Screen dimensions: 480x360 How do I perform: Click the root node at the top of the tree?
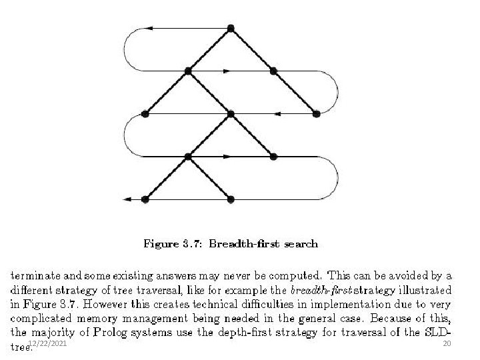pyautogui.click(x=231, y=29)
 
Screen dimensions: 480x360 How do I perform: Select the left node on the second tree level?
pyautogui.click(x=188, y=71)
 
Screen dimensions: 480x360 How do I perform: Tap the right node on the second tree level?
pyautogui.click(x=273, y=71)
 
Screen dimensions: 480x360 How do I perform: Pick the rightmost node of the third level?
pyautogui.click(x=316, y=114)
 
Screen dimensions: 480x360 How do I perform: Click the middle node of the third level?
pyautogui.click(x=231, y=114)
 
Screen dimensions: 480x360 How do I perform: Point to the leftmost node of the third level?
pyautogui.click(x=145, y=114)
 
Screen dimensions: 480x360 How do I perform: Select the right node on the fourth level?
pyautogui.click(x=273, y=157)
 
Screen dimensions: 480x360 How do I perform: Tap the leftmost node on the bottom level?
pyautogui.click(x=145, y=199)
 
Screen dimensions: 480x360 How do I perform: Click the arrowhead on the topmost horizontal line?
pyautogui.click(x=149, y=29)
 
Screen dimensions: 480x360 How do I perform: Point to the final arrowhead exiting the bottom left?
pyautogui.click(x=127, y=199)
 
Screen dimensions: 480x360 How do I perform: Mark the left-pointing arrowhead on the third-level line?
pyautogui.click(x=277, y=114)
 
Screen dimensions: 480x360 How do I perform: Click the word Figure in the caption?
pyautogui.click(x=161, y=244)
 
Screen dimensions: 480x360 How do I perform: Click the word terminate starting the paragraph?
pyautogui.click(x=35, y=276)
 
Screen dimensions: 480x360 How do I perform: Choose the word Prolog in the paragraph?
pyautogui.click(x=109, y=333)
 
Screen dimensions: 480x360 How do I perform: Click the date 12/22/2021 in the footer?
pyautogui.click(x=47, y=343)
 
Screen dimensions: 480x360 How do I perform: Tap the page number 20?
pyautogui.click(x=447, y=343)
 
